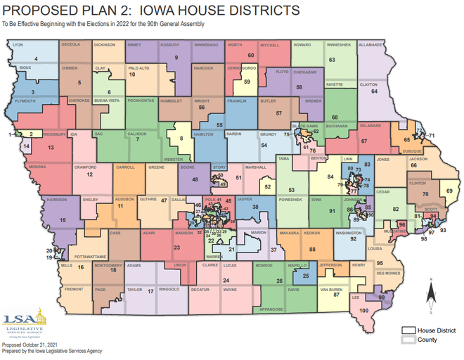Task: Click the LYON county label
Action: (19, 44)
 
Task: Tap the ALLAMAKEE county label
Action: (371, 44)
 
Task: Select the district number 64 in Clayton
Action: (374, 91)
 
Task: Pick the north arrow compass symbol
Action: (429, 290)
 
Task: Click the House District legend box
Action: (407, 330)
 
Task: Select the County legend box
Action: (407, 340)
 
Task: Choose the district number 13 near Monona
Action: (51, 148)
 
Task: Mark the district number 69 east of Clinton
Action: (449, 191)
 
